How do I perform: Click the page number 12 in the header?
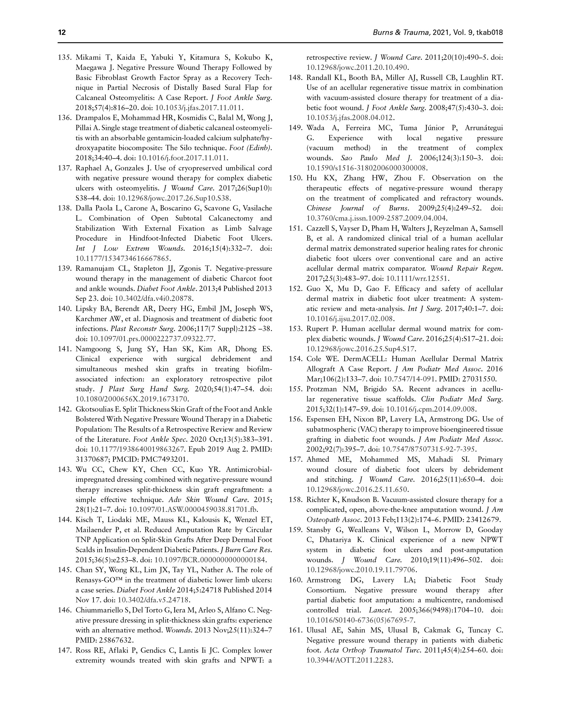pos(62,33)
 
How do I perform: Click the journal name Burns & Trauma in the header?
pos(402,33)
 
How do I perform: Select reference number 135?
pos(65,58)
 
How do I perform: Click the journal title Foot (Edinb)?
pos(252,148)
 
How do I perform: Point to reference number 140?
pos(65,309)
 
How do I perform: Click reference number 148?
pos(296,78)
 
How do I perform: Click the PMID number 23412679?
pos(479,520)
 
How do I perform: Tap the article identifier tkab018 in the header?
pos(489,33)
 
